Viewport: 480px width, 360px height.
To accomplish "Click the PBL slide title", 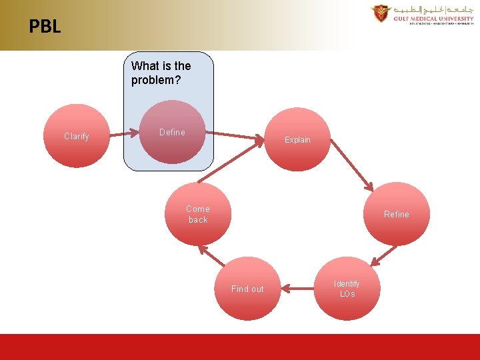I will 45,27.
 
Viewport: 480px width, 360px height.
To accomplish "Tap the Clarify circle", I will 76,136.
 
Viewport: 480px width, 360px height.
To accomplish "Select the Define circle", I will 172,132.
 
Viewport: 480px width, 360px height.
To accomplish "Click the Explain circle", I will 297,139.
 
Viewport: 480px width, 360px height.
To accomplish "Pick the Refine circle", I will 396,214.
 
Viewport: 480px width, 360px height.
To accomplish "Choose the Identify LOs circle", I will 347,289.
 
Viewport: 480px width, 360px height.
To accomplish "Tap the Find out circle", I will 247,289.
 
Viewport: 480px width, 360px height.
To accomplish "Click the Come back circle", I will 198,214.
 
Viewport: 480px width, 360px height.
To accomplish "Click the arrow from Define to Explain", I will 233,136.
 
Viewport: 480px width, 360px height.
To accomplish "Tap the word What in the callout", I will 145,66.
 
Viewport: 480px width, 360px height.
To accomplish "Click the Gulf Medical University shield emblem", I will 381,14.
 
